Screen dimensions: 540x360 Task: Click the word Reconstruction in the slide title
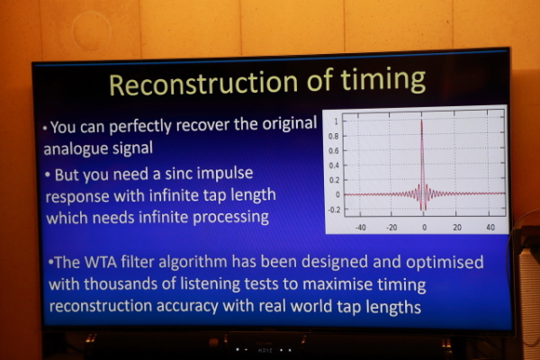click(203, 84)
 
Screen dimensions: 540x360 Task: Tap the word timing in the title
click(383, 80)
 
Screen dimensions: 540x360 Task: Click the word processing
click(230, 218)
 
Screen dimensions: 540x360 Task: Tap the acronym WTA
click(101, 262)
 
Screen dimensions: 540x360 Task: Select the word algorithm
click(193, 263)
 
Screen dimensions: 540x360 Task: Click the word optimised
click(445, 263)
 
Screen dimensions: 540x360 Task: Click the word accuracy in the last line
click(187, 306)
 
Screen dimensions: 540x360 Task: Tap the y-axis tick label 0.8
click(333, 137)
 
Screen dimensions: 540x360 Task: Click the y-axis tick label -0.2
click(334, 210)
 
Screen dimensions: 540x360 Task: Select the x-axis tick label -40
click(361, 228)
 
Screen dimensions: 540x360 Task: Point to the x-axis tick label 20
click(457, 228)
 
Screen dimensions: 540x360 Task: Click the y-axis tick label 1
click(336, 121)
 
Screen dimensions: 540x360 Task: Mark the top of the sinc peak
click(421, 120)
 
